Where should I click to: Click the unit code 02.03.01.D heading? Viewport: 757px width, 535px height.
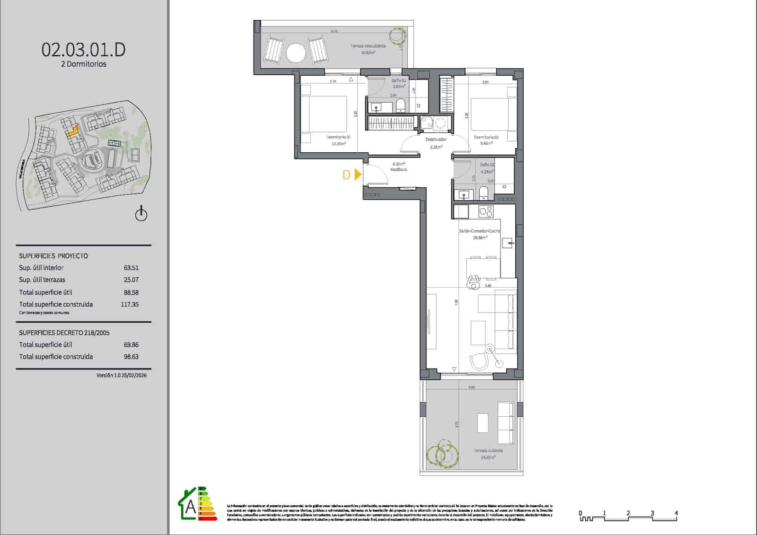(84, 49)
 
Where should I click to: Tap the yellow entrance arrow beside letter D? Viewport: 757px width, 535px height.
(358, 175)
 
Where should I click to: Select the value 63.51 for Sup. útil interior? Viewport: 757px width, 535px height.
(131, 268)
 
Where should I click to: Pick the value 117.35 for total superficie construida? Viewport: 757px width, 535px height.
(130, 305)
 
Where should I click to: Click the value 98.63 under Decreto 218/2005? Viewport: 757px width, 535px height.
(131, 357)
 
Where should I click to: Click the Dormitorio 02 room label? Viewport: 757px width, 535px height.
(486, 137)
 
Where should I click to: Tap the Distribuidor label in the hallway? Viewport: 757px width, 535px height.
(436, 140)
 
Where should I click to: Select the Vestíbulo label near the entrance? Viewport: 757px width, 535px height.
(398, 169)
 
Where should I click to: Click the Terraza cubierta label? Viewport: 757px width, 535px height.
(488, 451)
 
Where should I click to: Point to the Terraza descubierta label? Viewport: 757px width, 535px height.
(368, 46)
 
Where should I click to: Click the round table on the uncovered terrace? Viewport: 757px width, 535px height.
(296, 53)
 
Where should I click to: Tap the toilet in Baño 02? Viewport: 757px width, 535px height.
(484, 193)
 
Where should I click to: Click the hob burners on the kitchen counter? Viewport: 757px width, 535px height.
(486, 211)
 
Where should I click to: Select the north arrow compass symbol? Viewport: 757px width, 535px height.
(141, 214)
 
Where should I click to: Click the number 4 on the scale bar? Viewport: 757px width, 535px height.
(676, 513)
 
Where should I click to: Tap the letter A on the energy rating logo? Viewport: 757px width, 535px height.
(190, 507)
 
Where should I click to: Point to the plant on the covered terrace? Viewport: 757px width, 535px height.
(443, 453)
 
